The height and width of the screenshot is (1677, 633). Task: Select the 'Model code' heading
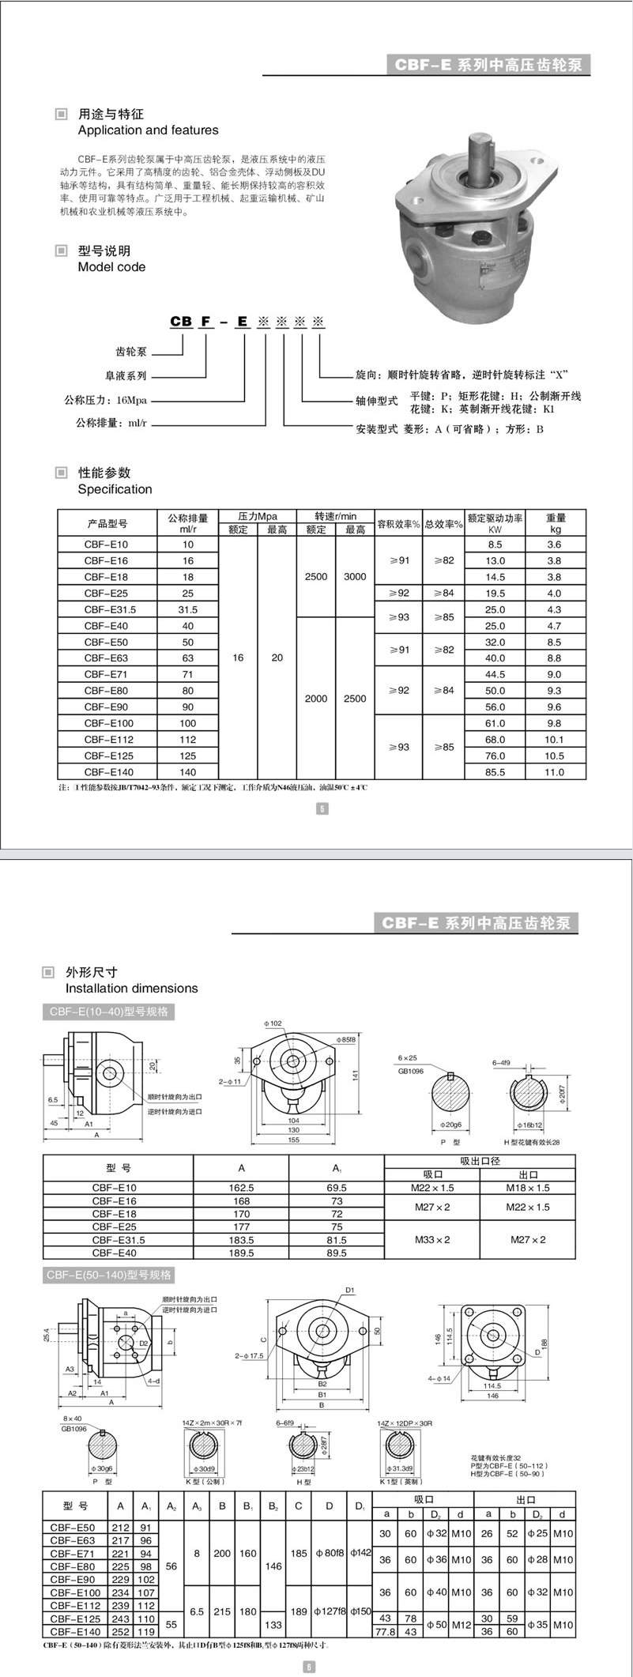click(x=111, y=267)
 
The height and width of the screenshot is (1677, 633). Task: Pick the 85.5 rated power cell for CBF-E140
click(x=495, y=772)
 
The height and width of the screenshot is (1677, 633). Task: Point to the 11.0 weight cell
click(x=555, y=772)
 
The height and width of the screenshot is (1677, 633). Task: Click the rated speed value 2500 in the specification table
click(x=316, y=577)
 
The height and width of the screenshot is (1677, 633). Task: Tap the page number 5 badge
click(x=322, y=808)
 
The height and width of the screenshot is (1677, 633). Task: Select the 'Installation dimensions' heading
click(x=131, y=989)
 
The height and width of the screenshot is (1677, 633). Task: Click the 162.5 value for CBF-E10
click(x=241, y=1188)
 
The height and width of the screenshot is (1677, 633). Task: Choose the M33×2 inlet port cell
click(x=432, y=1240)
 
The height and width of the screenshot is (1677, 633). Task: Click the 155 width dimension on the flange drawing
click(x=294, y=1140)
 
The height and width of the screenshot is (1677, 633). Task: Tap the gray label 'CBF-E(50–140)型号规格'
click(x=109, y=1275)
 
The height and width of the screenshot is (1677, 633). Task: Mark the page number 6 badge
click(x=309, y=1667)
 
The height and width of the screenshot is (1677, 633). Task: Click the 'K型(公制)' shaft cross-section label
click(x=205, y=1482)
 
